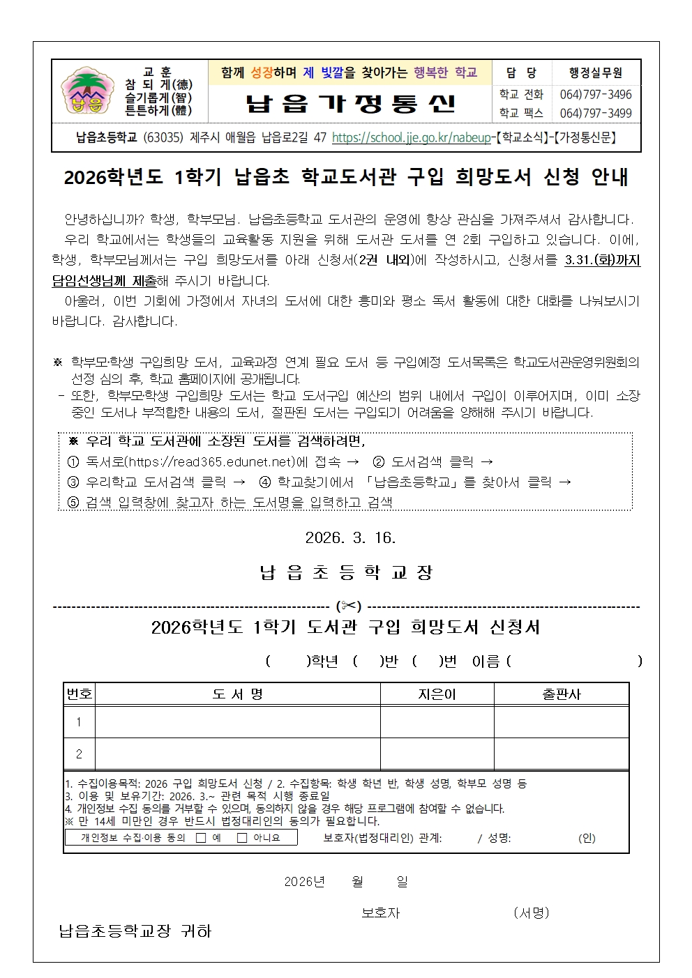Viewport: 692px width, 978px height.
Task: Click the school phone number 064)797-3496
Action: coord(595,95)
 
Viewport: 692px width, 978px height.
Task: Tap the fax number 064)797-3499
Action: coord(595,113)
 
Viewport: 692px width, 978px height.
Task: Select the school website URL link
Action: coord(411,138)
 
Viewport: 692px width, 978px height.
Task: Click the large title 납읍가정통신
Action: coord(350,103)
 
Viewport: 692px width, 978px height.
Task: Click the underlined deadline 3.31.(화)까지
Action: coord(602,261)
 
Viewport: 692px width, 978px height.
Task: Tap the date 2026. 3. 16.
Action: coord(350,537)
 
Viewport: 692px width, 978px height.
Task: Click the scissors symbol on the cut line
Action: coord(348,606)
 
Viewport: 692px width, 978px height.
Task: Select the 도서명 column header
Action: coord(237,694)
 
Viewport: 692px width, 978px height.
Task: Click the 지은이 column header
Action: coord(437,694)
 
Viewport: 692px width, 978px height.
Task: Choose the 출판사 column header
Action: coord(562,694)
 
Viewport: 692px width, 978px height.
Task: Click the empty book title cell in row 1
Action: coord(237,722)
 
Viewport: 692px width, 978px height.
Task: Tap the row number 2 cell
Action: coord(79,754)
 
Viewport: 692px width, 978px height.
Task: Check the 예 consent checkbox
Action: coord(201,838)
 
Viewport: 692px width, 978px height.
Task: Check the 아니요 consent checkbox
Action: coord(242,838)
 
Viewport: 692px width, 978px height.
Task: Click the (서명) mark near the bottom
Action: coord(531,912)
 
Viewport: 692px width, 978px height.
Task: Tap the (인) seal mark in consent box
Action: coord(587,838)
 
